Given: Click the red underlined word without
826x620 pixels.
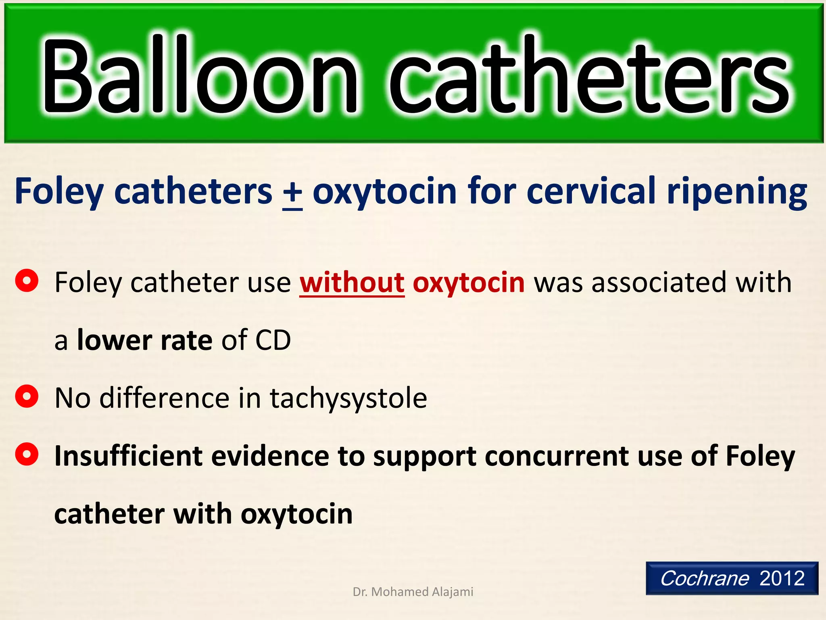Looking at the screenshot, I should [x=352, y=283].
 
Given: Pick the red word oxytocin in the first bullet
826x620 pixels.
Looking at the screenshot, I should [x=469, y=283].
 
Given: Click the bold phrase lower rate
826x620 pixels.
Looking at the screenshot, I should [x=144, y=340].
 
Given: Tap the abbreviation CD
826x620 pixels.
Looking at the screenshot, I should [x=273, y=340].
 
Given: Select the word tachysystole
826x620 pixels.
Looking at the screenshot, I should [x=348, y=399].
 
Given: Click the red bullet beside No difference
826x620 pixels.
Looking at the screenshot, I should [x=27, y=396].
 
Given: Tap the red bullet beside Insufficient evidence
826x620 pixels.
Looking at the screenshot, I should [x=27, y=454].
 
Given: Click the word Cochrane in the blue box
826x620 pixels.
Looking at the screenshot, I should [x=705, y=578].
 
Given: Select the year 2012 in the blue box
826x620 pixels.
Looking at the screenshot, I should [x=782, y=578].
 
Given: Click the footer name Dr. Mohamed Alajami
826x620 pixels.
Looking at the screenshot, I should [x=413, y=592].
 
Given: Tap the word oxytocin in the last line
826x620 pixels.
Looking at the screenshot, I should [x=296, y=515].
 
